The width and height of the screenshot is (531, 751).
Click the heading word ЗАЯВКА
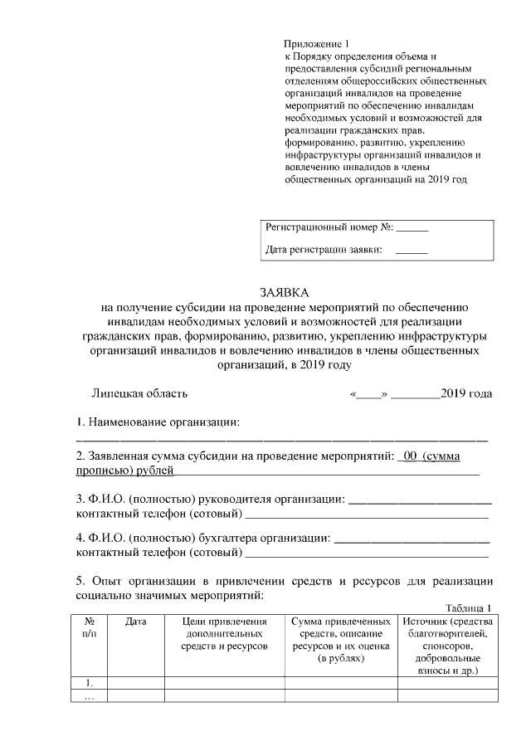tap(284, 293)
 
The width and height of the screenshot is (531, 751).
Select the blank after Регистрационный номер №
tap(413, 227)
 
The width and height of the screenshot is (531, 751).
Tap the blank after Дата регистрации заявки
tap(412, 249)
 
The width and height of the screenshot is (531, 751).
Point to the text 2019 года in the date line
tap(466, 393)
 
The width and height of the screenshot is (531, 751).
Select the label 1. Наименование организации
tap(158, 423)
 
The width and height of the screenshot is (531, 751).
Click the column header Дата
tap(136, 622)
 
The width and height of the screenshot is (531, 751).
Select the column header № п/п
tap(90, 627)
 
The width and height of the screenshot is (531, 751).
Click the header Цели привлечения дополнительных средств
tap(224, 633)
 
